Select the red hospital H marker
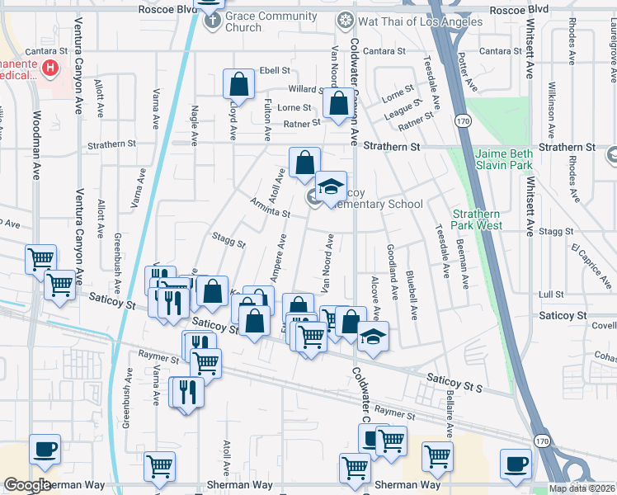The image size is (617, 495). point(51,68)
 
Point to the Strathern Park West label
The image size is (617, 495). point(477,219)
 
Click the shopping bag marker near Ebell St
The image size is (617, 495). point(238,83)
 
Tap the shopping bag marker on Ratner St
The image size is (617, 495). point(338,105)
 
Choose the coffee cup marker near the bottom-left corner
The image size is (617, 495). point(45,450)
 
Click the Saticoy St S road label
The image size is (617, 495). point(454,379)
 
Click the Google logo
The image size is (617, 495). point(27,485)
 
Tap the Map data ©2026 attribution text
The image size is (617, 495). point(582,488)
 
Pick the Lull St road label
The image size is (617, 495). point(550,294)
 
